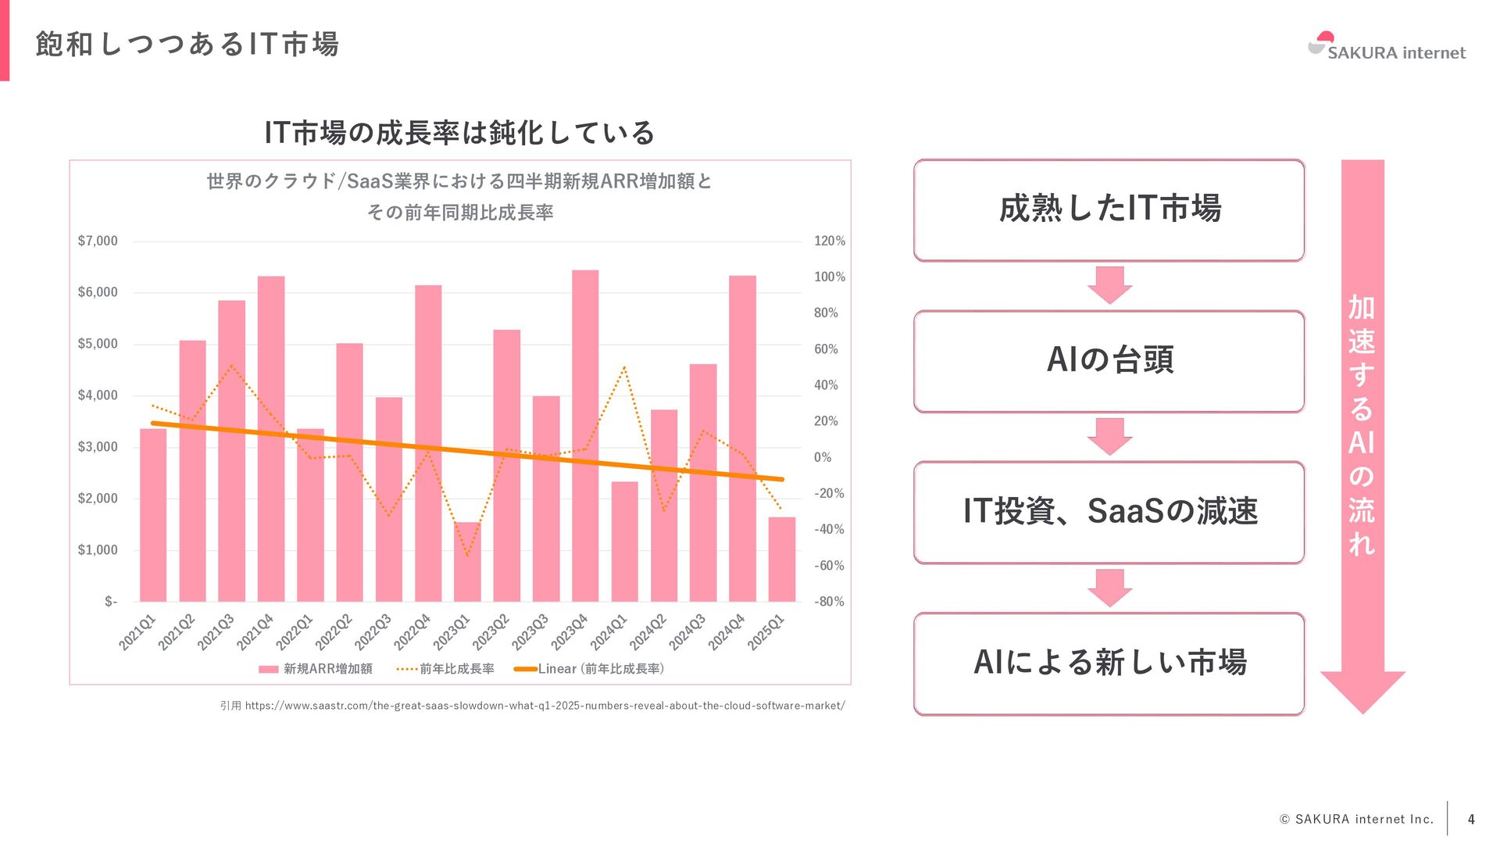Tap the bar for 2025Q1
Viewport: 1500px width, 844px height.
coord(781,559)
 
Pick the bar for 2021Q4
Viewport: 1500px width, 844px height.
coord(271,438)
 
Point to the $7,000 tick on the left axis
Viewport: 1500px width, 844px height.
coord(98,241)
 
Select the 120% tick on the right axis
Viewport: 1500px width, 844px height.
coord(829,241)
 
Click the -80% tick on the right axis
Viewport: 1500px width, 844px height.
coord(829,602)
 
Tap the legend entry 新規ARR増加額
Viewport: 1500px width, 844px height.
coord(316,669)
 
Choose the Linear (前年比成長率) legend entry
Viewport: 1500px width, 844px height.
coord(590,669)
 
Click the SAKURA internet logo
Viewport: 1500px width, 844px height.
coord(1387,48)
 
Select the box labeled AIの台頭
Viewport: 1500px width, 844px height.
coord(1109,361)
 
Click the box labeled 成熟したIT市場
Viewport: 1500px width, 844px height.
coord(1109,210)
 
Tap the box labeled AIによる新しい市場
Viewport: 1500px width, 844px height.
coord(1109,663)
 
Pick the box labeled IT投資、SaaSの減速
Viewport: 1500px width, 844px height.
coord(1109,512)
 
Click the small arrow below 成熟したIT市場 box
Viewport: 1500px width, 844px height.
coord(1109,284)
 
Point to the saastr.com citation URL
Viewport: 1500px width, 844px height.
coord(545,706)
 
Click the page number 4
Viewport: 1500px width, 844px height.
coord(1471,819)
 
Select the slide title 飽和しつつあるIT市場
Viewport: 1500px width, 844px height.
coord(187,45)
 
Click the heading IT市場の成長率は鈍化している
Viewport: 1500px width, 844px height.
coord(459,133)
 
